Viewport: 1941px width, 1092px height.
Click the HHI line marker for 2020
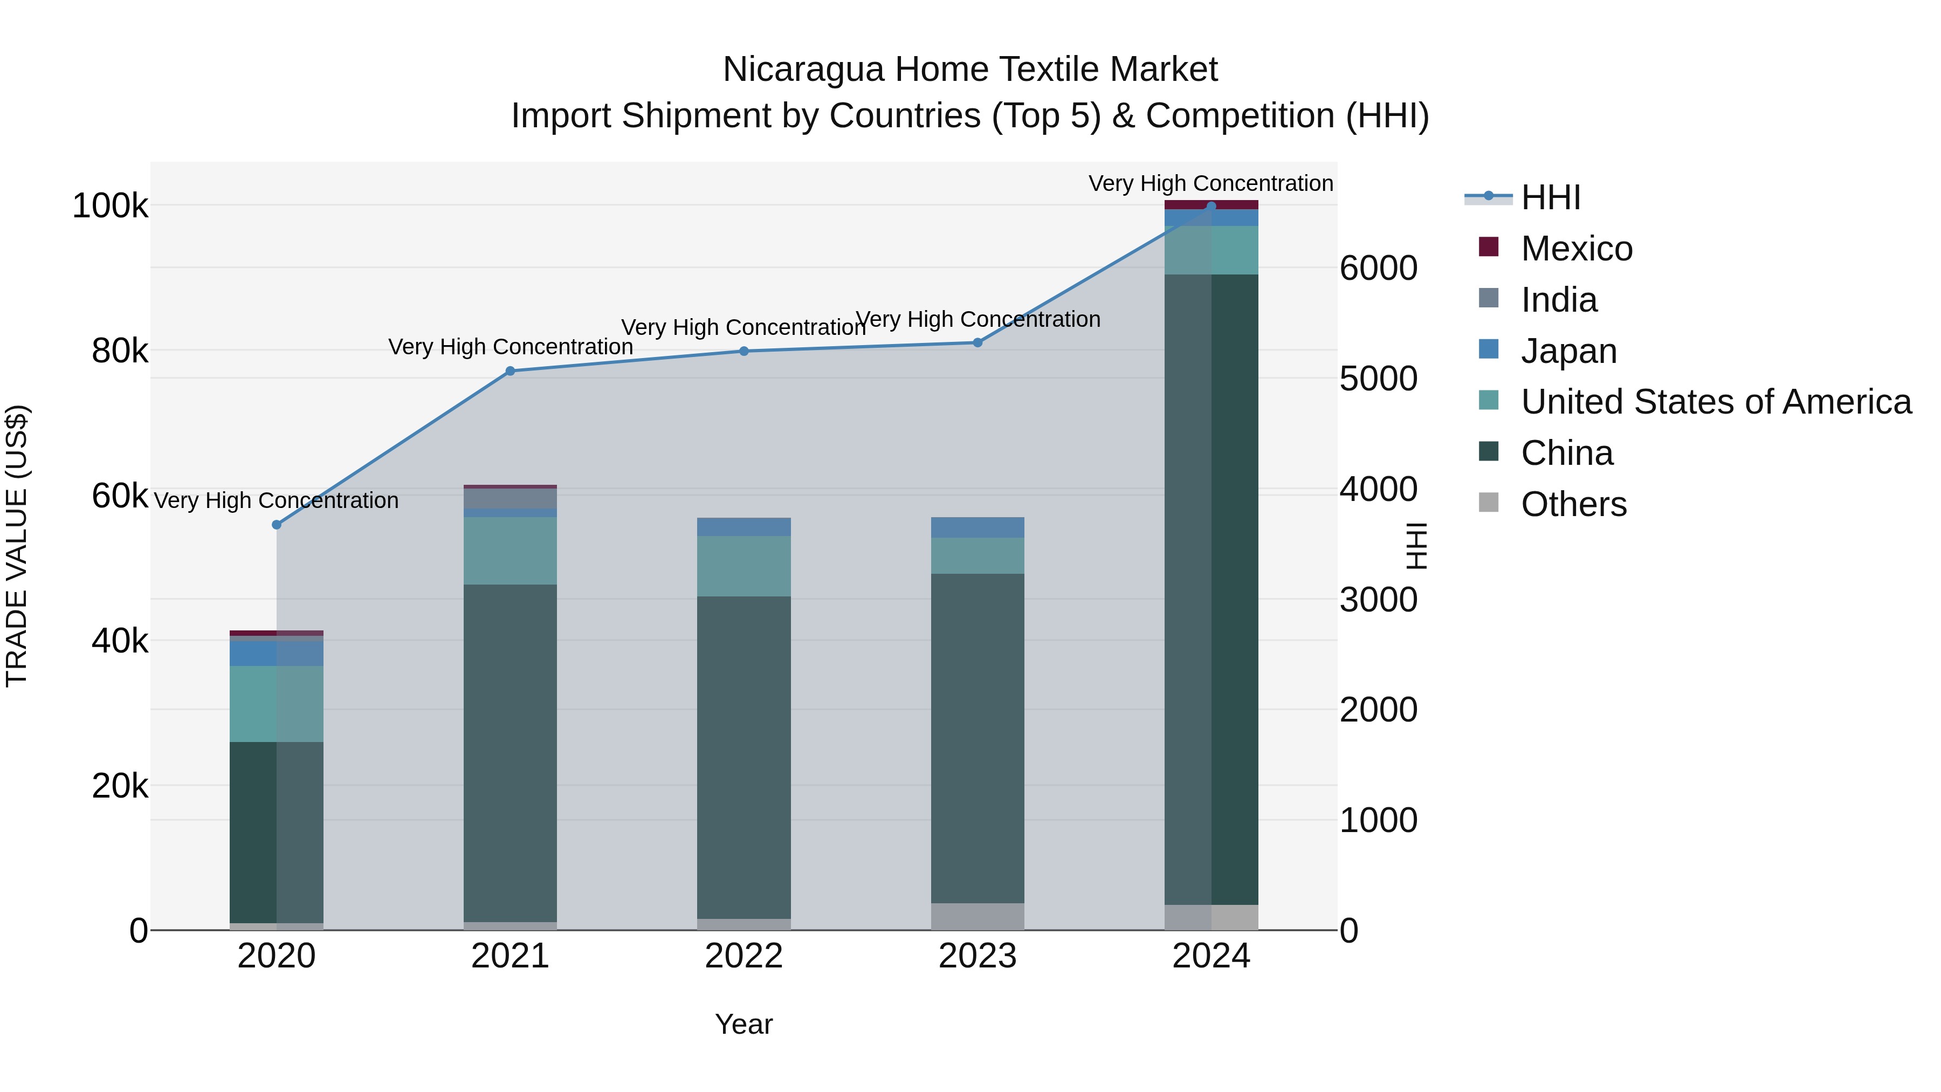(277, 525)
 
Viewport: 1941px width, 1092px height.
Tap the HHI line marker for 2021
(510, 371)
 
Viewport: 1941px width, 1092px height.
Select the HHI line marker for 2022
(744, 351)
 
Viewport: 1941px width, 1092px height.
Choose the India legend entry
(1558, 300)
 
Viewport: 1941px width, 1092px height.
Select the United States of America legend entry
(1715, 402)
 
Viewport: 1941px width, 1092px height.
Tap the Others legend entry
(1573, 504)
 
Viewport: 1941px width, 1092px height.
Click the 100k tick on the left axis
(110, 206)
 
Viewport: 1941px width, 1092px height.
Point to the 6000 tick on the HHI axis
(1378, 269)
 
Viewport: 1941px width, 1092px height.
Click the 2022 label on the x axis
(744, 956)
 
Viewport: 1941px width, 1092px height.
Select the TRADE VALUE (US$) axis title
(17, 546)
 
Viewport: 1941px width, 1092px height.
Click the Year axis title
(744, 1024)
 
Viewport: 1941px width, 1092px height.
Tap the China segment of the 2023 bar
(978, 739)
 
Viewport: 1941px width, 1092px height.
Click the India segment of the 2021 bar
(510, 499)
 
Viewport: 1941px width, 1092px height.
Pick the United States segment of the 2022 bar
(744, 566)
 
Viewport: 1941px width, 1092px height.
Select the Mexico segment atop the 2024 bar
(1211, 204)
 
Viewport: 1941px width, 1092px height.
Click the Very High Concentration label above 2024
(1211, 183)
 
